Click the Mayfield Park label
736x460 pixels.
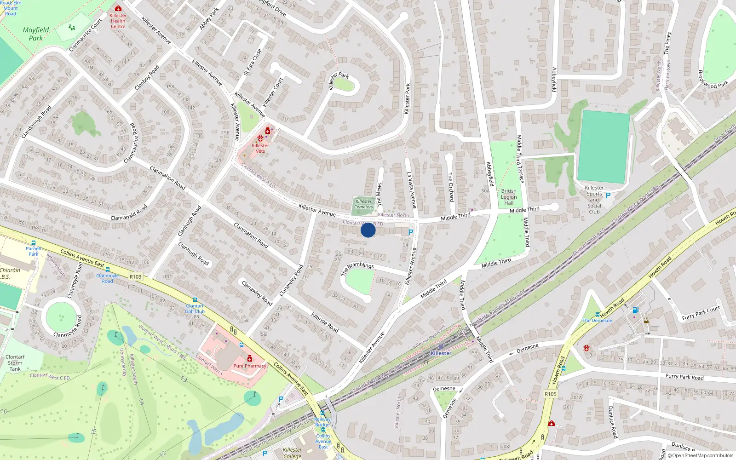click(35, 34)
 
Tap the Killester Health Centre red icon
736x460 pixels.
click(118, 8)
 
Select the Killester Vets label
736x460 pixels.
click(260, 148)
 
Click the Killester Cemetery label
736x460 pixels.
click(364, 204)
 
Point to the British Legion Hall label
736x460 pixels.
click(509, 197)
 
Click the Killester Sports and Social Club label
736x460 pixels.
click(594, 200)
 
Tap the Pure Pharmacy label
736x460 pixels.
click(250, 366)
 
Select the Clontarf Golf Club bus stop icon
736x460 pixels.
click(195, 300)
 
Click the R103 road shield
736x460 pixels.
click(136, 276)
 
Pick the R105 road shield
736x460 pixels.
click(551, 394)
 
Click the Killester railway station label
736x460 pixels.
click(441, 353)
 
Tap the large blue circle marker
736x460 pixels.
click(368, 230)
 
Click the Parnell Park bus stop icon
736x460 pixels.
click(34, 243)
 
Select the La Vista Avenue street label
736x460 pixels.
click(411, 190)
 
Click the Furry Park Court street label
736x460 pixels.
click(701, 313)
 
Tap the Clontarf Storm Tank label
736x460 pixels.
click(15, 362)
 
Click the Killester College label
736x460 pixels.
click(292, 453)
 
